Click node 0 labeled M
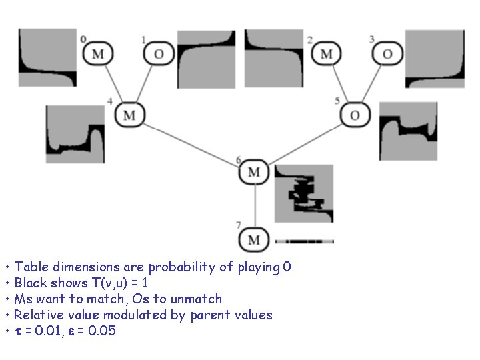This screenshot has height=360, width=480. [x=98, y=54]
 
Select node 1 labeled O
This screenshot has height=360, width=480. [x=159, y=54]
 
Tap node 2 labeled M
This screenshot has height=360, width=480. [x=327, y=54]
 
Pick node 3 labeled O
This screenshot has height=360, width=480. [x=387, y=54]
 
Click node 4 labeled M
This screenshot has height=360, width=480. [x=129, y=115]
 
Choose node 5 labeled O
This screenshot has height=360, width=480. [x=355, y=115]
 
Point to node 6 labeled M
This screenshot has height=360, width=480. [x=254, y=172]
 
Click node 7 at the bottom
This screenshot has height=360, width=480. [x=254, y=239]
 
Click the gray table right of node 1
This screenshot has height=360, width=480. [x=206, y=59]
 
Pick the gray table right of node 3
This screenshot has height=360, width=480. [x=435, y=59]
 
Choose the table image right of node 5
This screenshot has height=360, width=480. [x=407, y=131]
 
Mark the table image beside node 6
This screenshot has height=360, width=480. [x=304, y=193]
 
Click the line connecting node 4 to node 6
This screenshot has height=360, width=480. [x=190, y=143]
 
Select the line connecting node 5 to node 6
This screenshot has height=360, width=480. [x=303, y=143]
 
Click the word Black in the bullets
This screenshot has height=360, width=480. [x=31, y=283]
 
